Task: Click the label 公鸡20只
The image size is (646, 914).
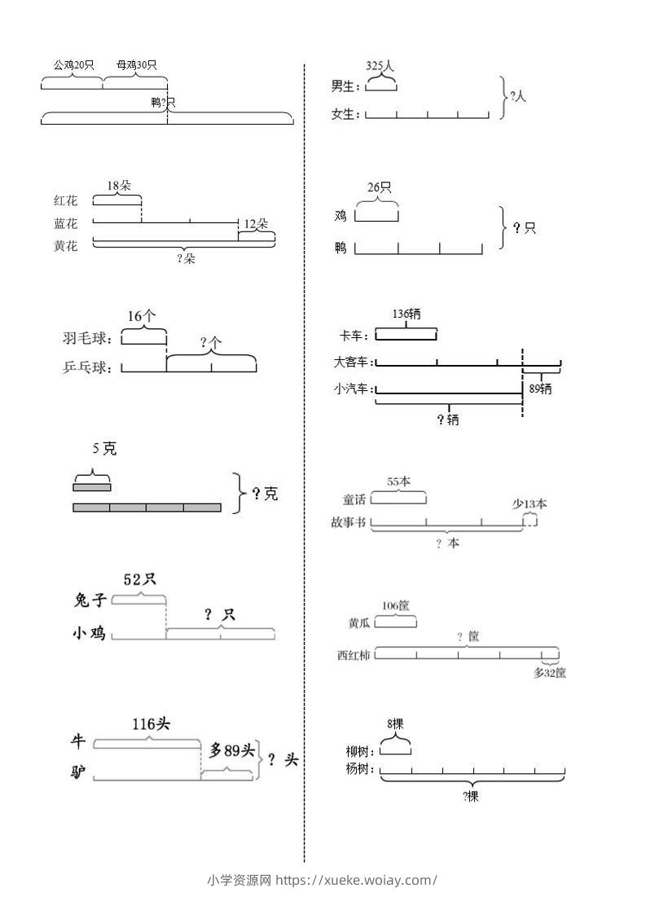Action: tap(74, 65)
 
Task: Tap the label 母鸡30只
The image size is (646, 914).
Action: tap(137, 65)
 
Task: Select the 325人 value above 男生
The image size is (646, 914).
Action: tap(380, 65)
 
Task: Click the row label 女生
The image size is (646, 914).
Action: tap(345, 115)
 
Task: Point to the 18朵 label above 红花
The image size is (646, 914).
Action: tap(118, 186)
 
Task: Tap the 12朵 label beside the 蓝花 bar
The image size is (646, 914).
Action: tap(257, 223)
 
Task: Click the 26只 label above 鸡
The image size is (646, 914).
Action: tap(379, 188)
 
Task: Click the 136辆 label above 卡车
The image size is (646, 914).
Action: tap(406, 314)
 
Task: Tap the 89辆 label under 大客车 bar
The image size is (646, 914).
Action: tap(540, 389)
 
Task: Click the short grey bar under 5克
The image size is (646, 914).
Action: tap(91, 487)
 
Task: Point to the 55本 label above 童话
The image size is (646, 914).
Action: tap(398, 481)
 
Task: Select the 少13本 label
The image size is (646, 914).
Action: tap(530, 503)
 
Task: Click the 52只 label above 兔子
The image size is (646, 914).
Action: tap(139, 579)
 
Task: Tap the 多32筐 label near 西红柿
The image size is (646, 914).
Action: tap(550, 673)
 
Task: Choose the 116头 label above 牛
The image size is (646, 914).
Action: tap(151, 723)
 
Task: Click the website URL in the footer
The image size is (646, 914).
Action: tap(356, 880)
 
